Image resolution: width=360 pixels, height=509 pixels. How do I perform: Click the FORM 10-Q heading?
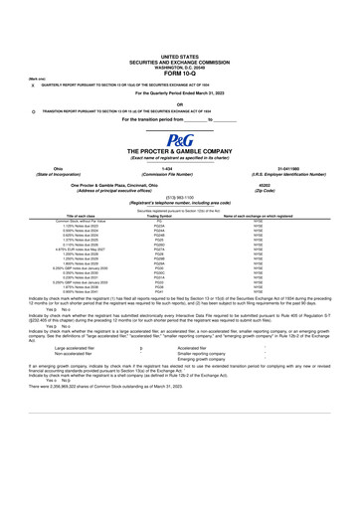click(179, 73)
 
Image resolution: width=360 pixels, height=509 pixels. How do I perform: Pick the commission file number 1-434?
click(179, 168)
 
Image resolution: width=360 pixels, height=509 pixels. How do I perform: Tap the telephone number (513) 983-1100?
click(179, 197)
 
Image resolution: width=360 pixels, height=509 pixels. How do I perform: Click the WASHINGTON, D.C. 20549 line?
click(179, 67)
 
